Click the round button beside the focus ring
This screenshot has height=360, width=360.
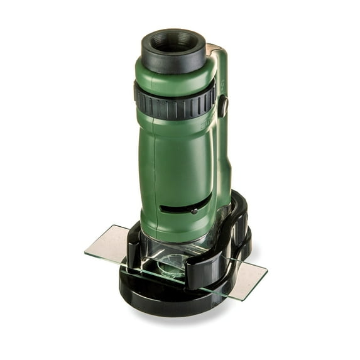coord(222,106)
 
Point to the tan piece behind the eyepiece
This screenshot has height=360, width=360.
coord(212,48)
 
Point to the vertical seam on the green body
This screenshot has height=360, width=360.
coord(211,163)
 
